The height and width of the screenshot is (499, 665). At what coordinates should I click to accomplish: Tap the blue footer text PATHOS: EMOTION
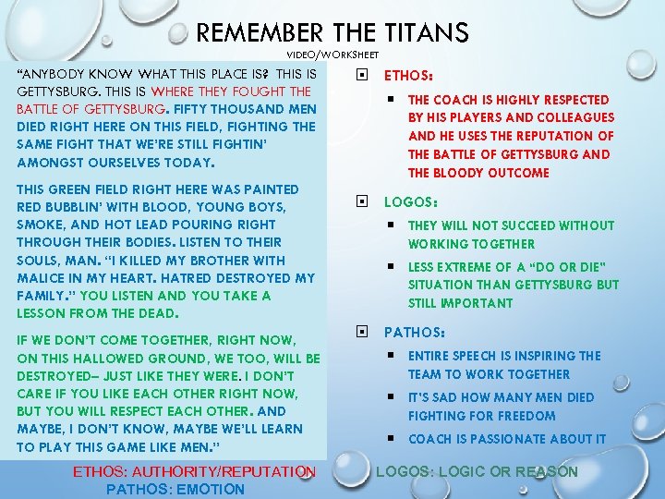(x=175, y=489)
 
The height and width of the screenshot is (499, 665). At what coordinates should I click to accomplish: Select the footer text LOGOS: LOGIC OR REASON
(x=477, y=472)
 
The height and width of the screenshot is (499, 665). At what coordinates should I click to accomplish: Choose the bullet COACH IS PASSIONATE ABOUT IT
(x=507, y=439)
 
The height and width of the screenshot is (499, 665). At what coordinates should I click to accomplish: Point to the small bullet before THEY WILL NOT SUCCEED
(x=392, y=225)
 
